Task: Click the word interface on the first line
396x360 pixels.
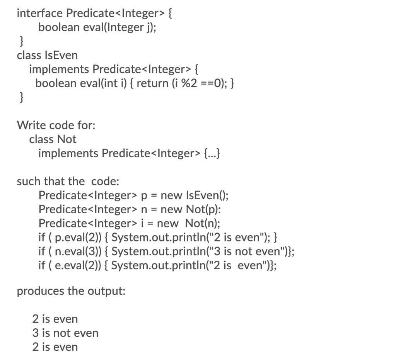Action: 39,13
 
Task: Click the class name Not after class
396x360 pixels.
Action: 67,139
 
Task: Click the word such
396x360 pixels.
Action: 29,181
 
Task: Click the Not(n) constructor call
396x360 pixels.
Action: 203,223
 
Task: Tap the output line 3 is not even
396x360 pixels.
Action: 65,333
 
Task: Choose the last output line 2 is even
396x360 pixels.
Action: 55,347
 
